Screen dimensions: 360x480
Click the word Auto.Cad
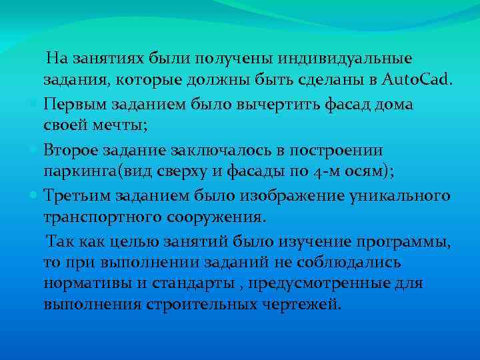(417, 81)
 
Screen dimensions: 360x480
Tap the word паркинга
(81, 172)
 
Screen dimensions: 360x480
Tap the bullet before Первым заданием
(35, 105)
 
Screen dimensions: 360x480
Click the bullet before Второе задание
(35, 150)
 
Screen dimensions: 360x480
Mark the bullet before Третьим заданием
(35, 195)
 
